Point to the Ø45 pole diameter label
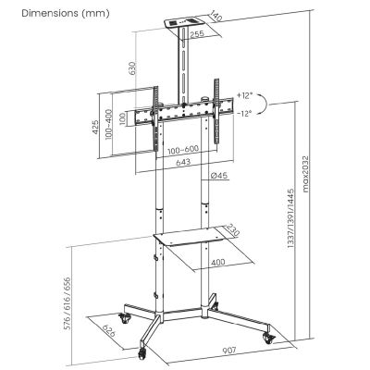coord(220,178)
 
